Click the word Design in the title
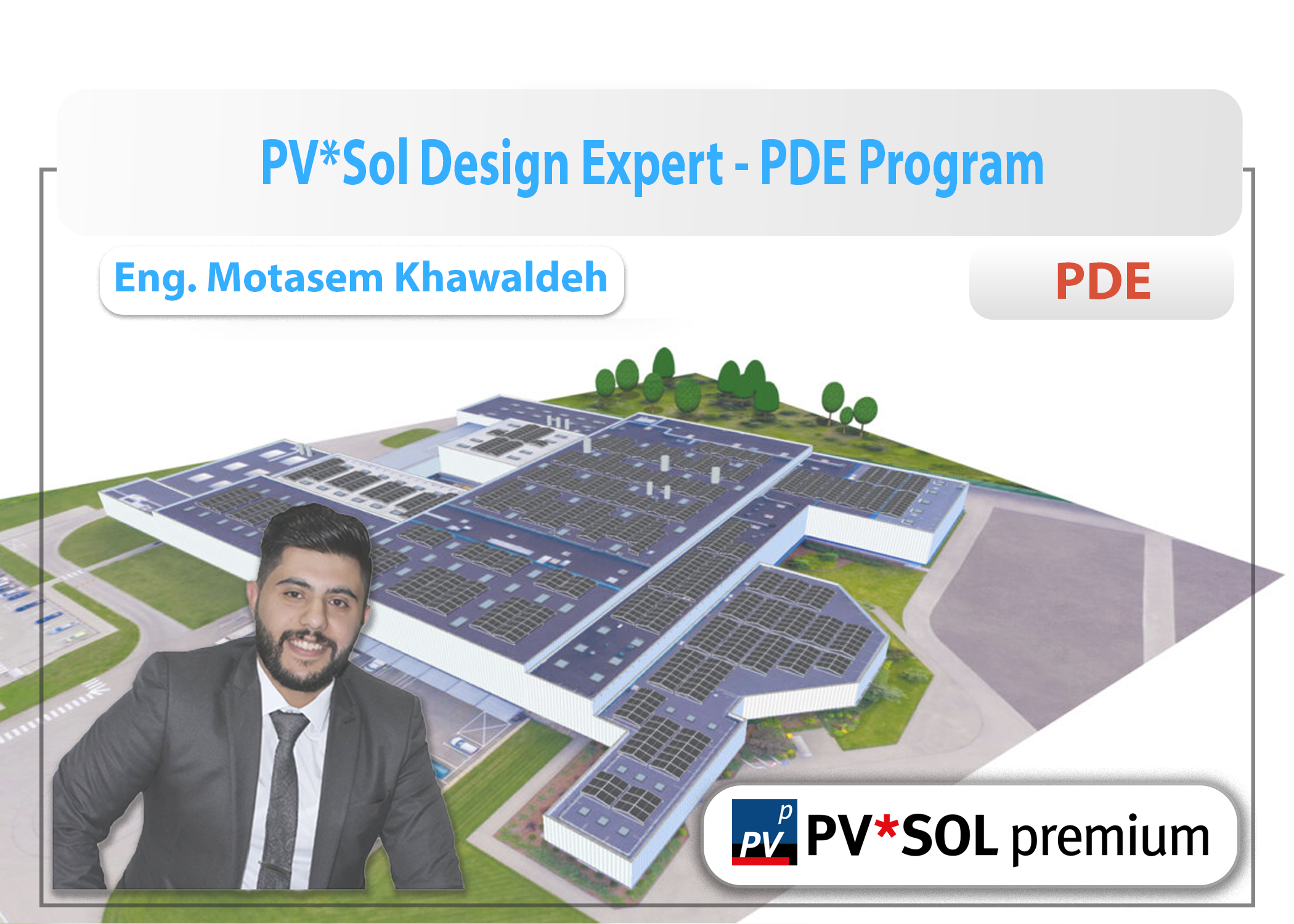click(x=494, y=163)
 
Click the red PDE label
click(x=1103, y=282)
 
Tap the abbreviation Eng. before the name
click(x=155, y=278)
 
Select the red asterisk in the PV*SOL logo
click(x=887, y=827)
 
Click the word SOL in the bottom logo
click(x=950, y=836)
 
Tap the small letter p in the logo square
click(x=785, y=813)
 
